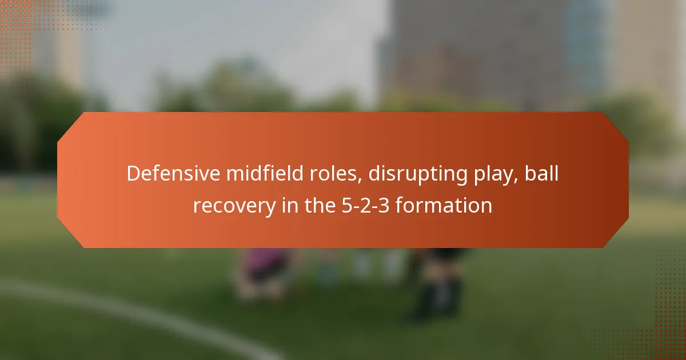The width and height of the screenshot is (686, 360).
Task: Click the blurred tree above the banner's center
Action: (x=246, y=86)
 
